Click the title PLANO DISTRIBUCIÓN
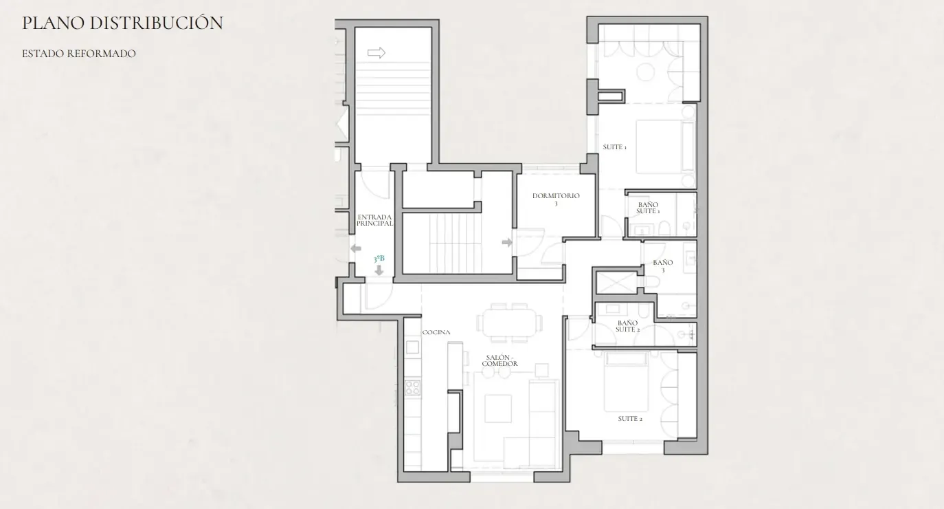(122, 23)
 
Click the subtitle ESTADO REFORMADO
(79, 54)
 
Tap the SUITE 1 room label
(614, 147)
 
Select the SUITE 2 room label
(630, 419)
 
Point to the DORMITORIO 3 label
(556, 199)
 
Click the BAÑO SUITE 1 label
(648, 208)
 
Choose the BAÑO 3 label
(663, 266)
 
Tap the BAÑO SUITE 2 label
(627, 326)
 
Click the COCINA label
(436, 332)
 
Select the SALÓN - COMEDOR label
(499, 360)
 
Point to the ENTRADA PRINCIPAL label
(374, 220)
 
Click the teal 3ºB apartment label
(379, 259)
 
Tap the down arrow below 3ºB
(379, 270)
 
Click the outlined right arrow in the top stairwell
(377, 53)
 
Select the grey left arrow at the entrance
(356, 248)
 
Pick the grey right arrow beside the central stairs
(507, 242)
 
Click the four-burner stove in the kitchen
(413, 388)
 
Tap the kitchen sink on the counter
(413, 347)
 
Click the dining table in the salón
(510, 323)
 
